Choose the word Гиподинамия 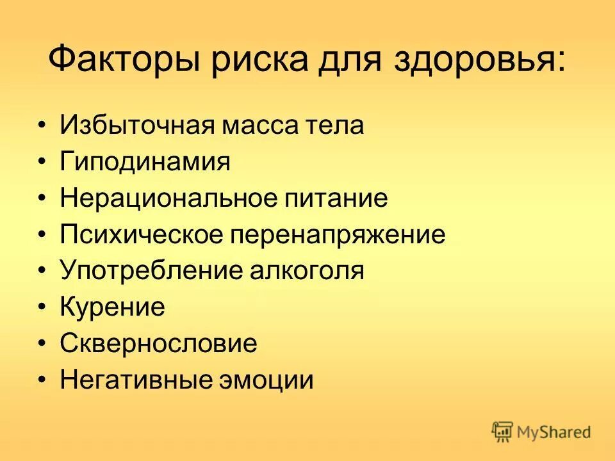[145, 161]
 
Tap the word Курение [113, 307]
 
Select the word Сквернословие [159, 344]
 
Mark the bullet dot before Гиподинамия [42, 162]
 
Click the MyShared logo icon [503, 432]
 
